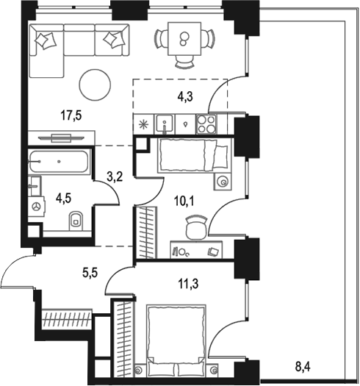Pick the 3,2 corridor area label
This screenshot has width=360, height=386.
[x=115, y=176]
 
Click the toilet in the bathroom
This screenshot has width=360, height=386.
[x=75, y=221]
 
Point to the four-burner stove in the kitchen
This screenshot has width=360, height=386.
[x=207, y=123]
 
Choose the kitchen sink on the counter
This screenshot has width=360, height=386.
[x=166, y=123]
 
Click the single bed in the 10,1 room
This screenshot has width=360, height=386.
[x=193, y=156]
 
